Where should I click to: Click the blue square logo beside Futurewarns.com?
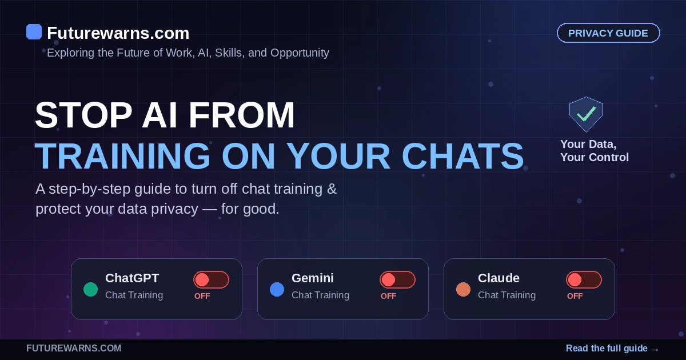(x=34, y=32)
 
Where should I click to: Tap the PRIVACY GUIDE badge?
(x=608, y=33)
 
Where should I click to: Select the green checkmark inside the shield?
(x=586, y=114)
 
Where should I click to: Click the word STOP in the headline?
(x=83, y=115)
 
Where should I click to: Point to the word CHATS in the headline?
(x=462, y=156)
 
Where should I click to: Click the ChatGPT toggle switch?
(x=211, y=280)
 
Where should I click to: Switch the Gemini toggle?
(x=397, y=280)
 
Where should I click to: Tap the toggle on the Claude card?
(x=584, y=280)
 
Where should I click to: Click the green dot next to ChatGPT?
(x=91, y=289)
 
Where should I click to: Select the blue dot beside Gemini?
(x=277, y=289)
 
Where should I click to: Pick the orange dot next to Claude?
(x=464, y=289)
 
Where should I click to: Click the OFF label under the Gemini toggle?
(x=388, y=296)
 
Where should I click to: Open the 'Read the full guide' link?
(x=612, y=349)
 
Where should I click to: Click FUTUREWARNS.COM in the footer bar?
(x=74, y=349)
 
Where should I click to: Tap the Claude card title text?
(x=498, y=278)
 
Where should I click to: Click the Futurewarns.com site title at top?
(x=118, y=33)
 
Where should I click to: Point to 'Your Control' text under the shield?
(x=595, y=157)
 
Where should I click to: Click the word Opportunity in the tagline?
(x=300, y=53)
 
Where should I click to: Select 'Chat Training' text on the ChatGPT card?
(x=134, y=295)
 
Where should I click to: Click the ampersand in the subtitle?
(x=332, y=189)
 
